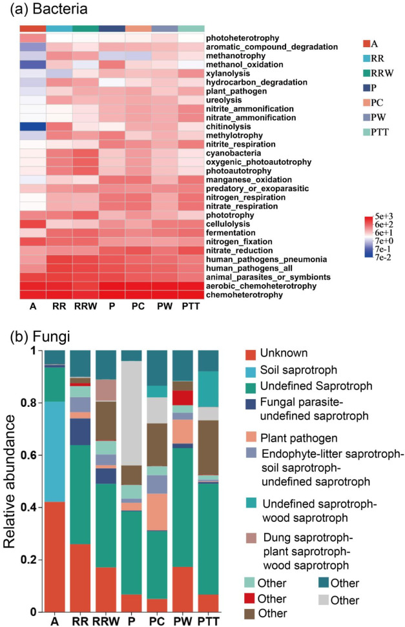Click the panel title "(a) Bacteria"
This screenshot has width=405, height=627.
point(47,10)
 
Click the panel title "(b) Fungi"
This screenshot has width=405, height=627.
point(39,336)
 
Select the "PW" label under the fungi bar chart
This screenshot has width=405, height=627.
point(184,621)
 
